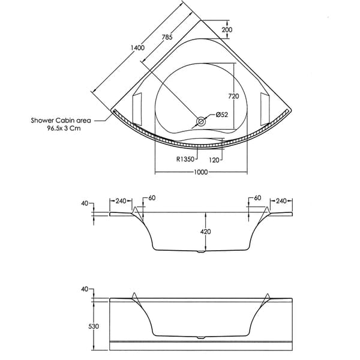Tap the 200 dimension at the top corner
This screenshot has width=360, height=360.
point(227,29)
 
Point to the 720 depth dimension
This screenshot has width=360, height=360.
point(234,97)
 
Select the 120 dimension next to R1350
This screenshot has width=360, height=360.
point(215,159)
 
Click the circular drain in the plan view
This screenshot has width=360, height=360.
point(201,121)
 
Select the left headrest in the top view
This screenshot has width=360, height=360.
point(136,106)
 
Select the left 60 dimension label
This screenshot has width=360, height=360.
point(152,197)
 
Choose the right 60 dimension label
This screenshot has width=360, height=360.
point(257,197)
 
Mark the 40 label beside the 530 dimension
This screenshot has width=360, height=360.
point(84,289)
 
